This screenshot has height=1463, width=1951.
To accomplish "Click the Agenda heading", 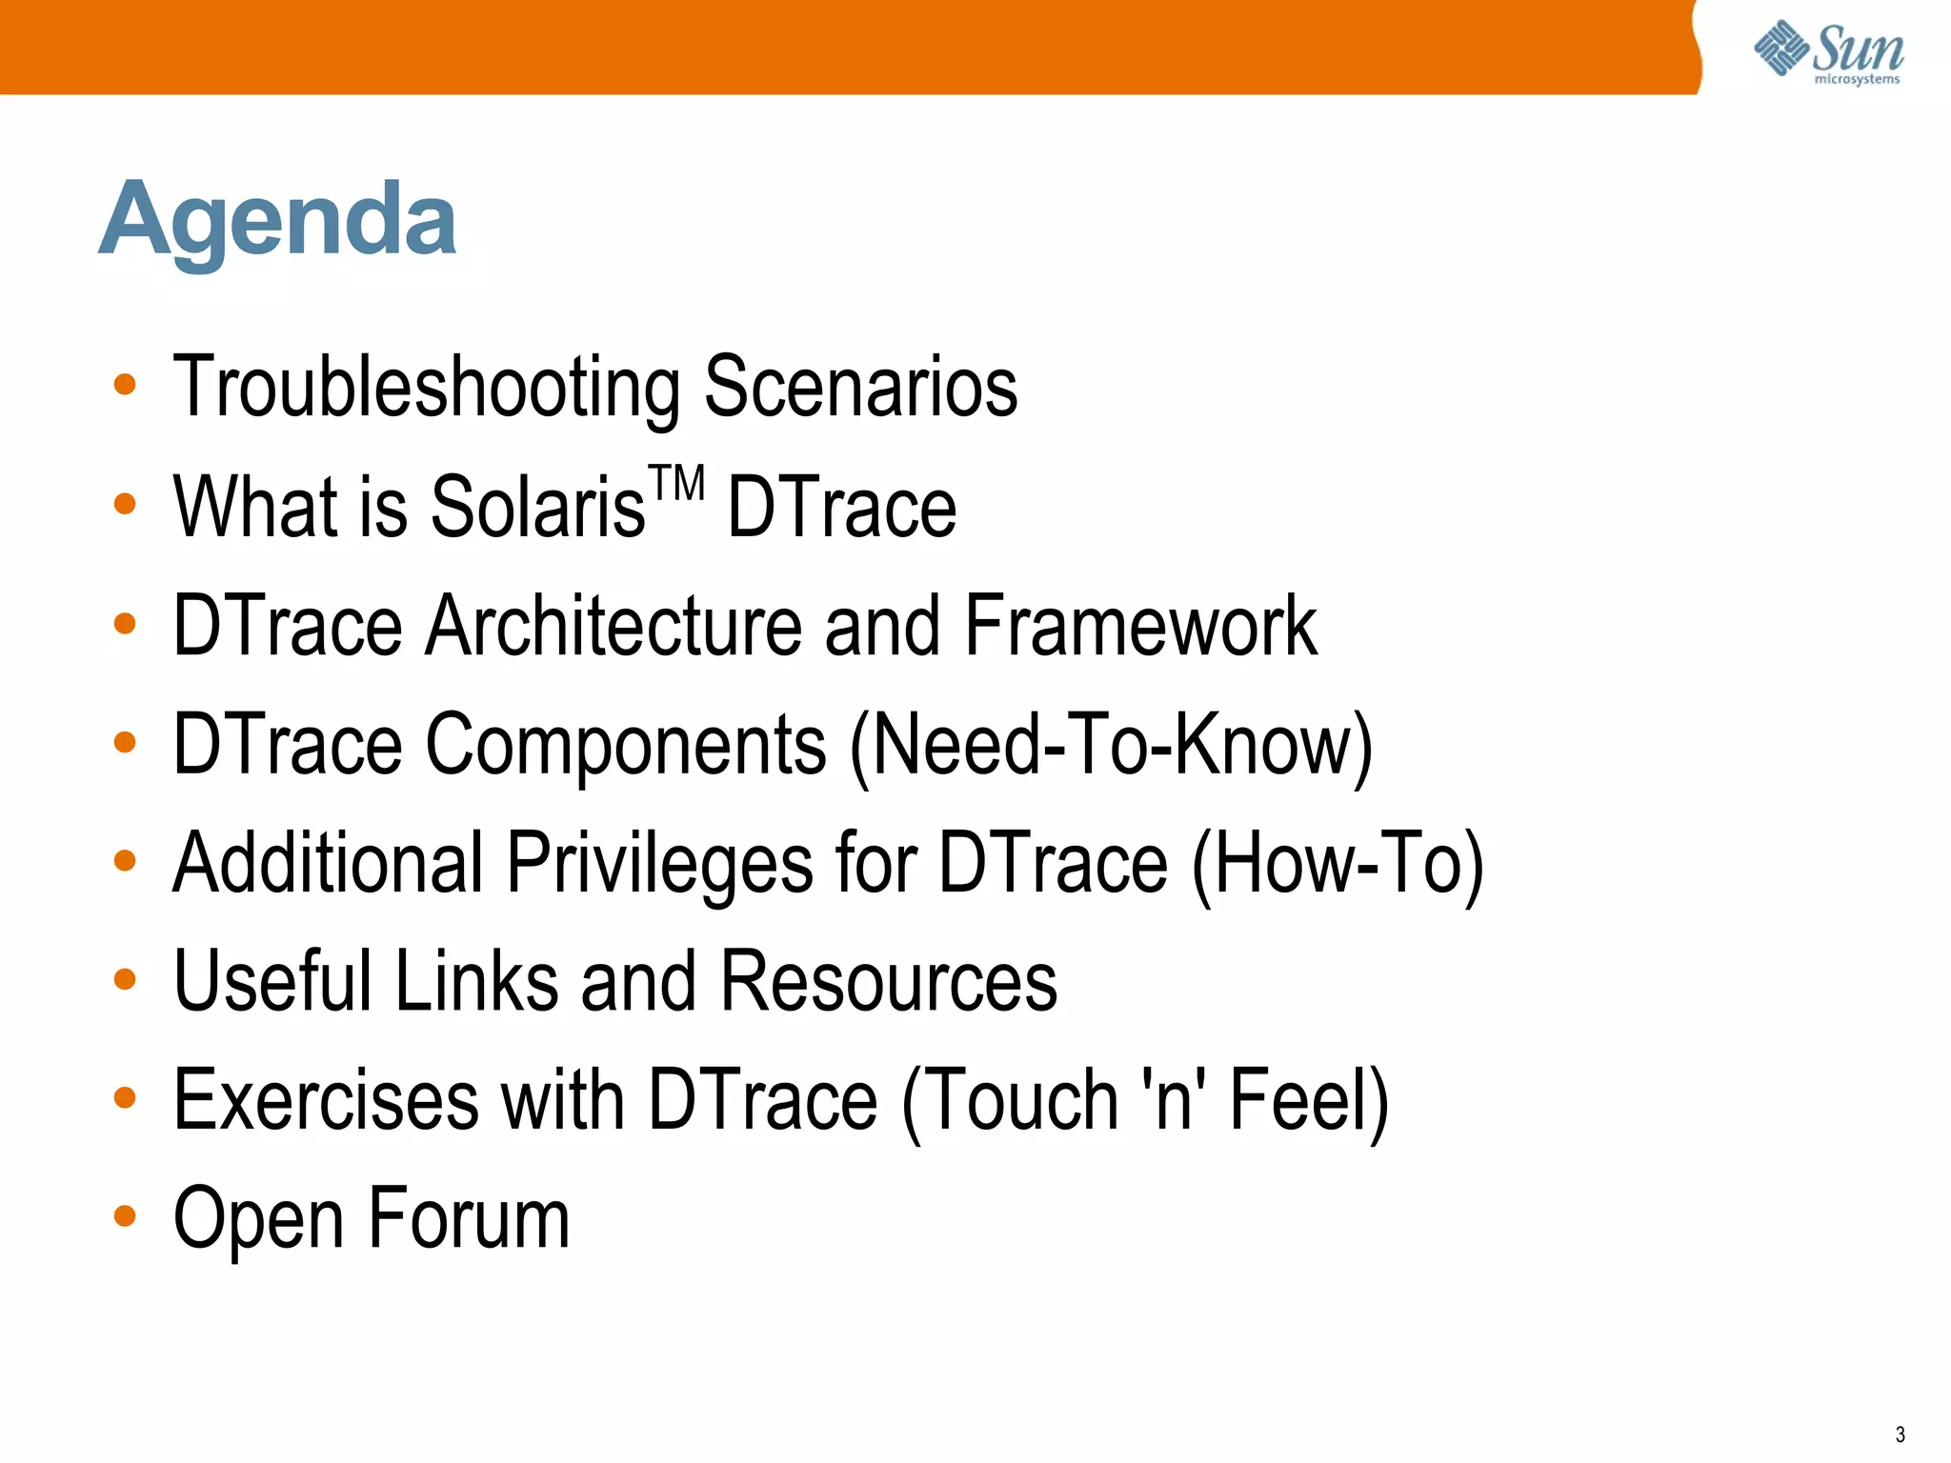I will [278, 221].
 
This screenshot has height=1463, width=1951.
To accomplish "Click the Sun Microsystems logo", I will [1829, 52].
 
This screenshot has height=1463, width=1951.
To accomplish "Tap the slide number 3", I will [1900, 1434].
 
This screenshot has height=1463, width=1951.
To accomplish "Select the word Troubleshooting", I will [426, 387].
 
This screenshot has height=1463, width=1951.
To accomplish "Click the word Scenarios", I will [861, 387].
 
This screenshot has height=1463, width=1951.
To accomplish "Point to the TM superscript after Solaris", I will [676, 483].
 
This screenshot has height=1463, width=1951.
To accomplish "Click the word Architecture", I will [613, 626].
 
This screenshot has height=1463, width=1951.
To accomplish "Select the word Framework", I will [1140, 626].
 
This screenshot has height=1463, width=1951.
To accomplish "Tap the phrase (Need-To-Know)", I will [1111, 745].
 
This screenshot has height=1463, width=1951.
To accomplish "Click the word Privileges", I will [659, 863].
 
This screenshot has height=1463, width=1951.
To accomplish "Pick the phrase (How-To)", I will [1338, 863].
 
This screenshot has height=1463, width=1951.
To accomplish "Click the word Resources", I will [888, 981].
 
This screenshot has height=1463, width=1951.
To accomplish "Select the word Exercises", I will [326, 1100].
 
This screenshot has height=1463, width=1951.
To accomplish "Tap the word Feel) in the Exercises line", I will [1309, 1100].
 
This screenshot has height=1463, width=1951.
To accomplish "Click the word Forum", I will [469, 1218].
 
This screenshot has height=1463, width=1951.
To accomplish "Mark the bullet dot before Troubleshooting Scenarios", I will [125, 385].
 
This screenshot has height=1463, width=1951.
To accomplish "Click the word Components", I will [626, 745].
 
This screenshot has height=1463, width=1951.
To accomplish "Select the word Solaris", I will [538, 507].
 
